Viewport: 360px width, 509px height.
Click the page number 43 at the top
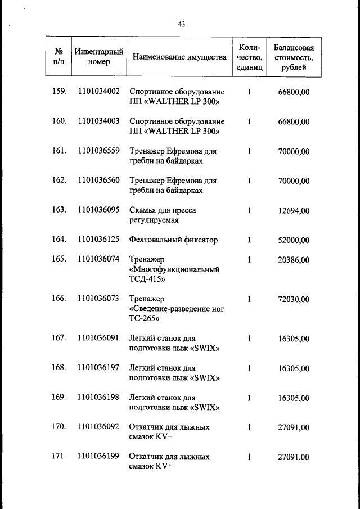click(x=182, y=24)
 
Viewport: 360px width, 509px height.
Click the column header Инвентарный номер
click(x=99, y=57)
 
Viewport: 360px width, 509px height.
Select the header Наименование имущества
click(x=179, y=57)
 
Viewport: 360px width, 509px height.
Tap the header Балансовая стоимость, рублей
click(x=294, y=57)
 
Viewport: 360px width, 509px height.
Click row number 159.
click(x=59, y=91)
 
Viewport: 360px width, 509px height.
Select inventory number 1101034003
click(x=99, y=121)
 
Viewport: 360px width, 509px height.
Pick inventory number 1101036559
click(x=99, y=151)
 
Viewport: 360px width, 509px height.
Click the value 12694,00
click(x=294, y=210)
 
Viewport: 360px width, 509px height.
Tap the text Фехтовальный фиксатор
click(x=173, y=240)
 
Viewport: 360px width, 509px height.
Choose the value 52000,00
click(x=294, y=240)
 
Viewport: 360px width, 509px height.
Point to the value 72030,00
click(x=294, y=299)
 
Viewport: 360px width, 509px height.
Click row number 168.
click(x=59, y=367)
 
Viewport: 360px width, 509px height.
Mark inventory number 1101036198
click(x=99, y=397)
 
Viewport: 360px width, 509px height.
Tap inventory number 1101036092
click(x=99, y=427)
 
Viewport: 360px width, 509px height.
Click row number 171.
click(x=59, y=457)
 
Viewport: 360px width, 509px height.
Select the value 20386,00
click(x=294, y=260)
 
